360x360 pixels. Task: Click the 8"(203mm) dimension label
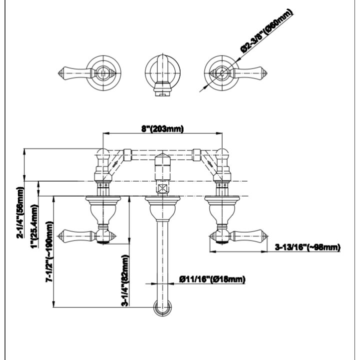coord(162,129)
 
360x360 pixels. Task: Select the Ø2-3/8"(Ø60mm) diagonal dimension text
coord(267,31)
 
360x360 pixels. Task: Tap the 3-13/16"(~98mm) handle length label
coord(307,247)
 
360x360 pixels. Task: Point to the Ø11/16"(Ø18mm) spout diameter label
coord(212,279)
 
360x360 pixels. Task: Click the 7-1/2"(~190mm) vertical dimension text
coord(49,251)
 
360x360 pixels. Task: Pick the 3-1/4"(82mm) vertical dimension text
coord(125,280)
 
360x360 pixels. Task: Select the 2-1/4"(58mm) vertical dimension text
coord(20,212)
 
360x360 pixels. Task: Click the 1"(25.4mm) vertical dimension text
coord(34,226)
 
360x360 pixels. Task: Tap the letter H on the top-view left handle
coord(103,73)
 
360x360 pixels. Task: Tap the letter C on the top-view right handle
coord(222,73)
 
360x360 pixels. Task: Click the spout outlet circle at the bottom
coord(162,307)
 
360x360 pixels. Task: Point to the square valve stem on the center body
coord(162,189)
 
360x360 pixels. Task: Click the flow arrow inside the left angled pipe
coord(115,163)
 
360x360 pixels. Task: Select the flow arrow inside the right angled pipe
coord(210,163)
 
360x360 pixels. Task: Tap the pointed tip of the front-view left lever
coord(57,236)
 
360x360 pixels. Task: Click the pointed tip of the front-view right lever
coord(267,236)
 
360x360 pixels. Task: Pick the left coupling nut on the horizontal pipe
coord(127,154)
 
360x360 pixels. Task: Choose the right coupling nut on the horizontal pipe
coord(196,154)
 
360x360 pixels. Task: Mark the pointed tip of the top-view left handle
coord(58,73)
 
